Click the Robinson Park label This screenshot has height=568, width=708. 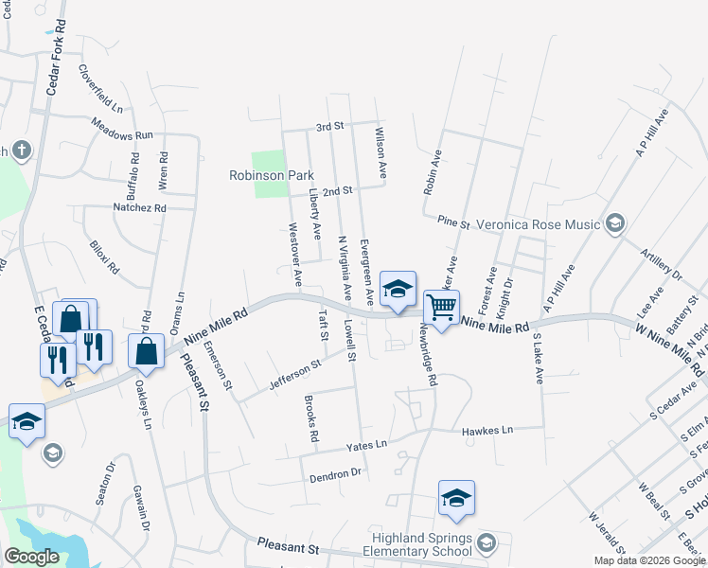coord(272,175)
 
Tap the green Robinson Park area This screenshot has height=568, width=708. coord(270,161)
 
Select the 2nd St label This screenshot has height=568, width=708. coord(337,190)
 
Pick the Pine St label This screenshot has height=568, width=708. coord(453,222)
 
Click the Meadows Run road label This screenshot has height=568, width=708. coord(122,134)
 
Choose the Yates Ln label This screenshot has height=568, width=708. coord(367,443)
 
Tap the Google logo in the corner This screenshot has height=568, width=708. coord(31,558)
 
